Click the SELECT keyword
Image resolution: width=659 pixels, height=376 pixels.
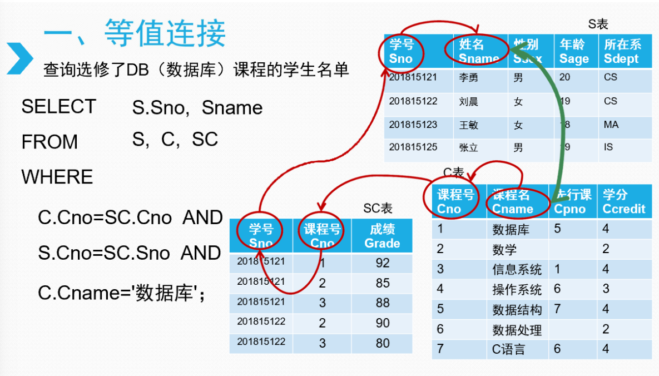click(58, 107)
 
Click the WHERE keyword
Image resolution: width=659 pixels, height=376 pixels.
click(57, 177)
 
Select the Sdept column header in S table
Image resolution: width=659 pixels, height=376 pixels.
click(622, 52)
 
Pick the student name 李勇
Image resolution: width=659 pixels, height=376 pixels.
click(468, 78)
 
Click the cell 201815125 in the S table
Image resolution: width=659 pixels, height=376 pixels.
click(413, 147)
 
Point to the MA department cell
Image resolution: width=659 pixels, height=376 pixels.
click(611, 125)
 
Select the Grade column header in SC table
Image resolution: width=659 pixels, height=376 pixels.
click(382, 236)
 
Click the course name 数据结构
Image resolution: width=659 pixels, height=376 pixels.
click(517, 309)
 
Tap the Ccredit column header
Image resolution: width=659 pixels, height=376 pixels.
click(623, 202)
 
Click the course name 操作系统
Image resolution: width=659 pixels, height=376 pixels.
click(517, 289)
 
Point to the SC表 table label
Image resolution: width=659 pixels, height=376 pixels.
click(378, 209)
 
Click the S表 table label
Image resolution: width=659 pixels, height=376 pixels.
click(598, 24)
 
